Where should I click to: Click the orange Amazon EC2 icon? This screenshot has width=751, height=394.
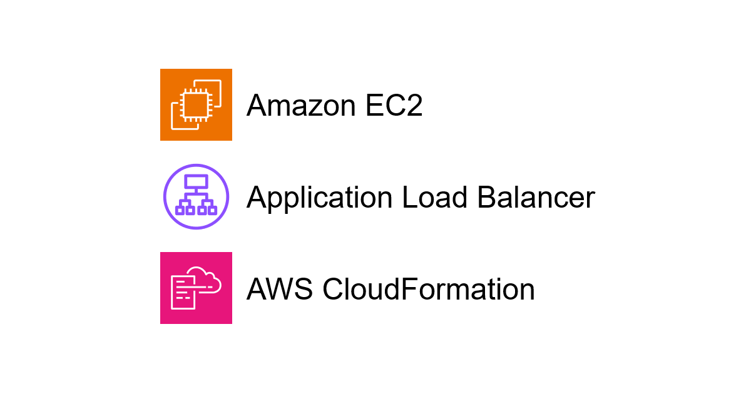[196, 104]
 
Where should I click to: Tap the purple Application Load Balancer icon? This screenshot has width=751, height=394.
[196, 196]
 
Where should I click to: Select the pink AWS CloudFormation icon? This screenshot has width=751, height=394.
[196, 288]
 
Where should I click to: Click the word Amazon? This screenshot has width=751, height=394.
[301, 106]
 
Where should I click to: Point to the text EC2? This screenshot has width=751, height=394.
[394, 106]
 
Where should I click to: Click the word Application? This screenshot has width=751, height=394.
[320, 198]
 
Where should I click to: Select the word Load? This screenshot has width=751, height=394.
[435, 198]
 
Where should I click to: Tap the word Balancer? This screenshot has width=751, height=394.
[536, 198]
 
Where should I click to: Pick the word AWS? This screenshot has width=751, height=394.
[280, 289]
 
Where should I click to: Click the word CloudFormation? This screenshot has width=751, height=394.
[429, 289]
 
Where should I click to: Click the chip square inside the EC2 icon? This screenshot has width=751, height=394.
[196, 105]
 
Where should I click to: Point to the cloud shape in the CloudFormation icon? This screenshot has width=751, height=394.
[205, 280]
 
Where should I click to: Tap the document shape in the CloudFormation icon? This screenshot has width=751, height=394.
[183, 292]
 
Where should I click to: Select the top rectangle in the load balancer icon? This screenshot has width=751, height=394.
[196, 182]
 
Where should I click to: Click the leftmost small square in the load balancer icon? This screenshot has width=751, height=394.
[180, 210]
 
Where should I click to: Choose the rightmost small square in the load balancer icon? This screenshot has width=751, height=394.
[213, 210]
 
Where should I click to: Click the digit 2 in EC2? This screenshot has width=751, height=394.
[414, 105]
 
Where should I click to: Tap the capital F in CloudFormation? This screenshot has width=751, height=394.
[409, 288]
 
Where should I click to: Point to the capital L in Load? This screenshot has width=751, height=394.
[411, 197]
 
